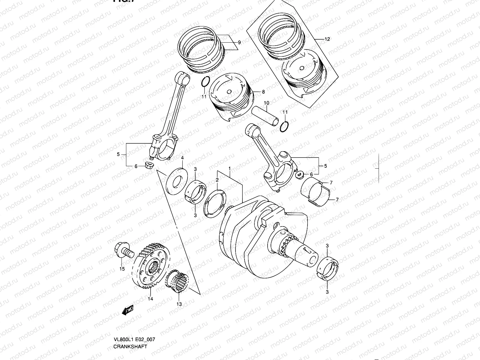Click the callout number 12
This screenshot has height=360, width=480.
(x=327, y=39)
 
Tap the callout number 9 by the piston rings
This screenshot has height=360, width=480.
(x=239, y=43)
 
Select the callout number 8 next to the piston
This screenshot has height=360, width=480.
(x=263, y=92)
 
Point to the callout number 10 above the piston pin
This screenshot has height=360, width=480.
(x=266, y=103)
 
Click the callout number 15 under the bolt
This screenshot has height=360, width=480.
(x=122, y=269)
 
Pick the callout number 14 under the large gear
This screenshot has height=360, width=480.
(x=150, y=298)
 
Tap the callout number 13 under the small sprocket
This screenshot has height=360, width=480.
(x=179, y=304)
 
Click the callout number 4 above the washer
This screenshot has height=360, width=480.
(x=182, y=158)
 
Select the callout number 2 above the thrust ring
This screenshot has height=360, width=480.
(x=217, y=180)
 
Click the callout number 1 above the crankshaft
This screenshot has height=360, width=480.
(x=229, y=169)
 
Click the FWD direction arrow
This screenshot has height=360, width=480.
(x=127, y=310)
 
